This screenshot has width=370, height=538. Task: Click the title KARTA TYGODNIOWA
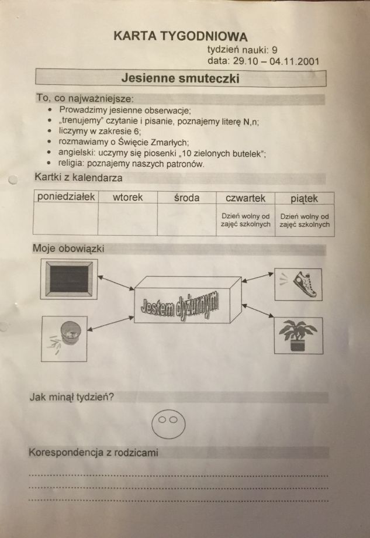pos(181,36)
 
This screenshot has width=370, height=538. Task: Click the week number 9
pos(274,50)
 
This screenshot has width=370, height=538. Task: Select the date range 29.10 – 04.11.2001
pos(276,61)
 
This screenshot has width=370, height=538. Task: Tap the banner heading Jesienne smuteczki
pos(181,78)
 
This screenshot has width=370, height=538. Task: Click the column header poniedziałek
pos(66,196)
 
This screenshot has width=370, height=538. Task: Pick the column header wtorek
pos(127,197)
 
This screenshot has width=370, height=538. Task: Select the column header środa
pos(186,198)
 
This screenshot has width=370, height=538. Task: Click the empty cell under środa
pos(186,220)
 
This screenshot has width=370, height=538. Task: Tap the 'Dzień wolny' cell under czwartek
pos(245,220)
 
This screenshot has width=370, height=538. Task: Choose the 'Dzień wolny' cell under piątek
pos(305,220)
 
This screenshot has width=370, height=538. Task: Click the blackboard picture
pos(69,279)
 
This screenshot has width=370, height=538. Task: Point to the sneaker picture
pos(298,284)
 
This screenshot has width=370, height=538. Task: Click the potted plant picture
pos(298,336)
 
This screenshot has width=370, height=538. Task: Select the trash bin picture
pos(64,339)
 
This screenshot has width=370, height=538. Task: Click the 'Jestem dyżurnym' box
pos(188,299)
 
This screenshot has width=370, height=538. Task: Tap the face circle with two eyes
pos(168,425)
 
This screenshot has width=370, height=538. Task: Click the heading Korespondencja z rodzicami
pos(94,452)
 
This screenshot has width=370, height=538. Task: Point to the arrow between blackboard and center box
pos(116,282)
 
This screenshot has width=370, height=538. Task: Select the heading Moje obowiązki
pos(68,248)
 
